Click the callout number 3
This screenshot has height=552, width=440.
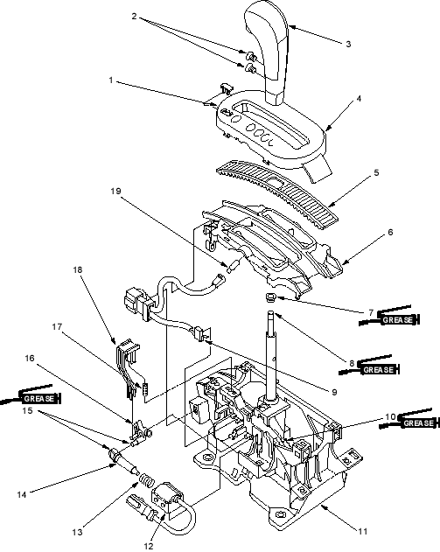348,44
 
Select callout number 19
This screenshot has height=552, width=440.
115,192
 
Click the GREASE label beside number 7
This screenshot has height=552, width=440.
397,320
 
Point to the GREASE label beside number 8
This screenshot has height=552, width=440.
378,370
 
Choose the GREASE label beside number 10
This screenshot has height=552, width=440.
418,423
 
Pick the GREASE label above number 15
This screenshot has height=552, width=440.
39,399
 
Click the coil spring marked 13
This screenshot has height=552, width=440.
147,481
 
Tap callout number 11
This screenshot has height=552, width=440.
362,531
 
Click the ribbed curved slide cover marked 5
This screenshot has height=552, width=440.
277,191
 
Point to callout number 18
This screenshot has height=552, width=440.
78,269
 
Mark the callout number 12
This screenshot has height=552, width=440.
149,546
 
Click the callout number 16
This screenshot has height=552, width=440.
30,358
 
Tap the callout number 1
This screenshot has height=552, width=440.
111,80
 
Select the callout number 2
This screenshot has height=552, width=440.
134,17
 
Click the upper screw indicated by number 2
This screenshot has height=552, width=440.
251,55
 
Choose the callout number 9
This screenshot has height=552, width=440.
334,392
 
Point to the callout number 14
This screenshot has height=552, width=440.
22,494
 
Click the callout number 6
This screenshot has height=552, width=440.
390,233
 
